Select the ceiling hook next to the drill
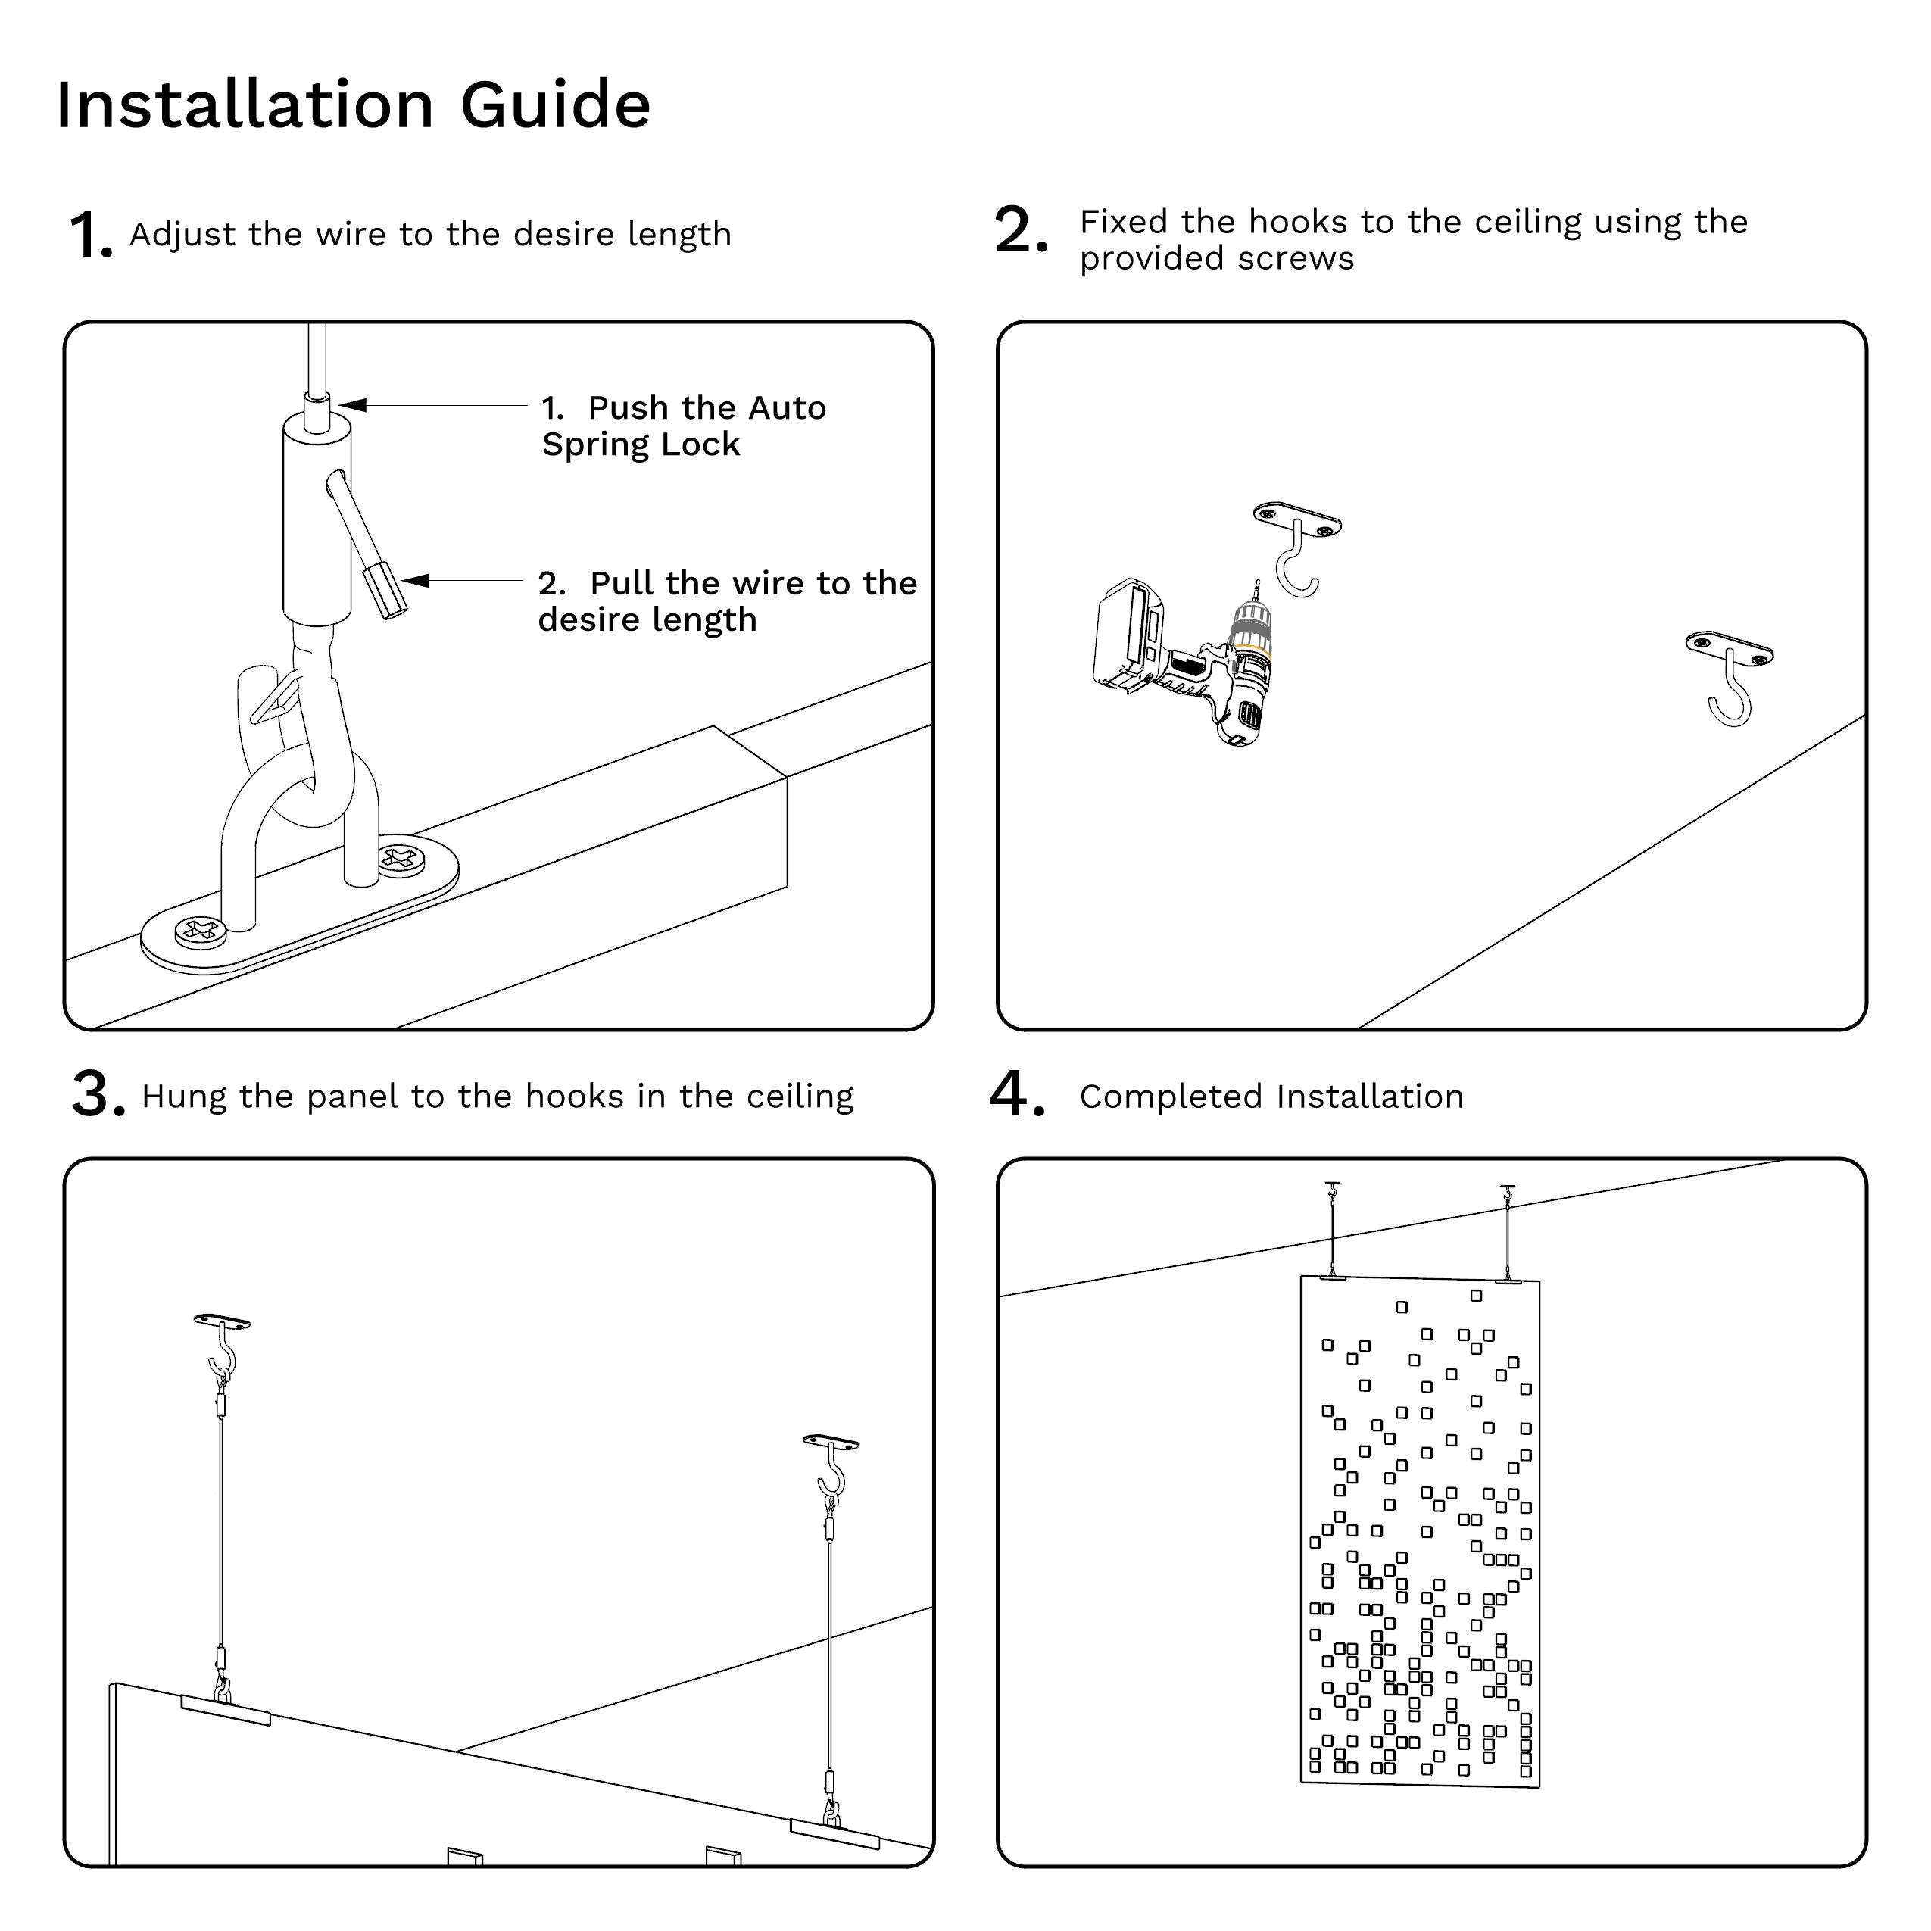[1297, 549]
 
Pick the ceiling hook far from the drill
[1729, 675]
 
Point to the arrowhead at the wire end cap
[413, 581]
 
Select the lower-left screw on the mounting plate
[200, 931]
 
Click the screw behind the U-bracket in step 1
[402, 857]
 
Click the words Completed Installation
[1271, 1097]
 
